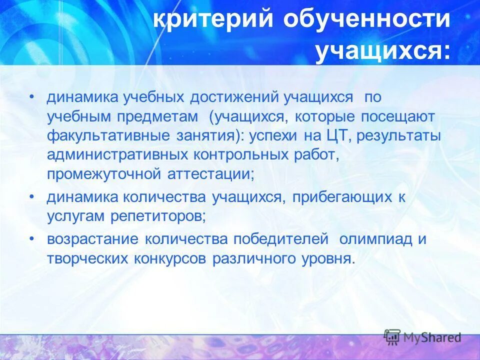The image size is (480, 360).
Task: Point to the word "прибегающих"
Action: tap(339, 197)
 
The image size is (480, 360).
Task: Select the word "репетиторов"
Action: tap(160, 216)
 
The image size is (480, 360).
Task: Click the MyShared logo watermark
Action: tap(423, 337)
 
